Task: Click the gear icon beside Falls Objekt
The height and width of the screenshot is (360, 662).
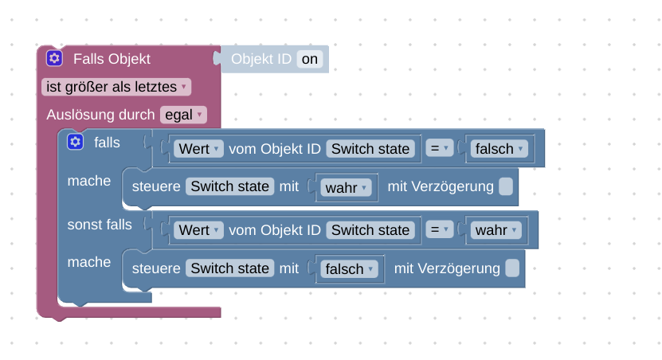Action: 54,58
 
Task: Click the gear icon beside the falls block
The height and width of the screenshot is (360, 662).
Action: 75,142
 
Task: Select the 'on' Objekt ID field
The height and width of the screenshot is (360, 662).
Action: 310,59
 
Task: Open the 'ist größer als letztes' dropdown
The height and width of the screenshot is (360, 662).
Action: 116,87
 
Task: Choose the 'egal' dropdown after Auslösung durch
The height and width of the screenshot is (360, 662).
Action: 183,115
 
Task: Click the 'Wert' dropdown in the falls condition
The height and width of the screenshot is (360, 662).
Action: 198,149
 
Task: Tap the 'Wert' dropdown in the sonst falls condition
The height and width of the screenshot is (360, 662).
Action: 198,230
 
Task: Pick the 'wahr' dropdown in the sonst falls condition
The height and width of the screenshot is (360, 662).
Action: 496,230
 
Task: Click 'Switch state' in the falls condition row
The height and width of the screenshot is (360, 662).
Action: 370,149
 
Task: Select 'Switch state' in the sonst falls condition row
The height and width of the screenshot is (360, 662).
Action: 370,230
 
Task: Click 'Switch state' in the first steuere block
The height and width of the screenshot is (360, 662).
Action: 230,186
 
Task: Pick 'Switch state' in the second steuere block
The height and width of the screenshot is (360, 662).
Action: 230,268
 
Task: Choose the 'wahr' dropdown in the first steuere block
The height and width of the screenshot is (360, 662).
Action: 347,188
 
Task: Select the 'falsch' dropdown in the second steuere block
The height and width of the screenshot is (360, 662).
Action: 350,269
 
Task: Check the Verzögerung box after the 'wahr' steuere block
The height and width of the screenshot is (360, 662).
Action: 507,186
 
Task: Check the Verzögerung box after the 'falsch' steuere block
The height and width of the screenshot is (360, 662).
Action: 513,268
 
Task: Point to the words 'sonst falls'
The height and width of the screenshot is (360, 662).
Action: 100,225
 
